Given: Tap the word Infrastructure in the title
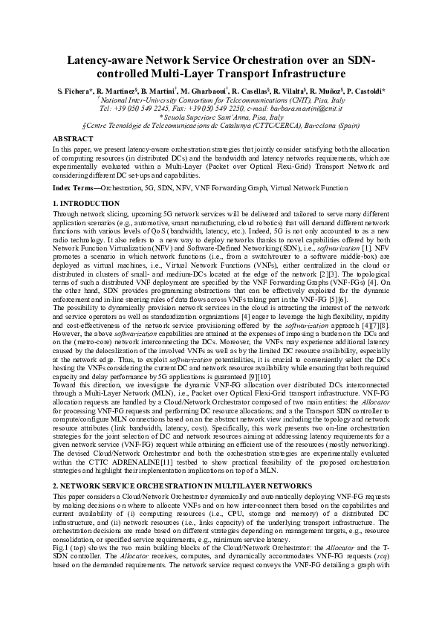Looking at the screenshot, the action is coord(302,74).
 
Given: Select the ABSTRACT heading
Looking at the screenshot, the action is coord(73,139).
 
